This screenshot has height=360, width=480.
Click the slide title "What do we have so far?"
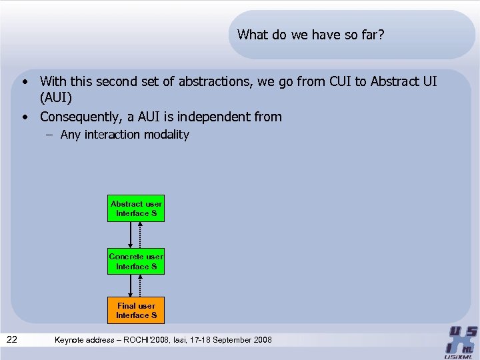pyautogui.click(x=311, y=35)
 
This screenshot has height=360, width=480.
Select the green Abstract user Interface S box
pyautogui.click(x=136, y=209)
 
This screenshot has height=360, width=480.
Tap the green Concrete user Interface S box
pyautogui.click(x=136, y=261)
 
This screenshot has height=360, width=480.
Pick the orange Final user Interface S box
pyautogui.click(x=136, y=311)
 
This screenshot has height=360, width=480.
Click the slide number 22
pyautogui.click(x=12, y=340)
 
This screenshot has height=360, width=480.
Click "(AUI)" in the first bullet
pyautogui.click(x=56, y=99)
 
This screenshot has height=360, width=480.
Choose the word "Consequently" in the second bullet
pyautogui.click(x=81, y=117)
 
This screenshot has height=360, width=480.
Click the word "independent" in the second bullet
pyautogui.click(x=213, y=117)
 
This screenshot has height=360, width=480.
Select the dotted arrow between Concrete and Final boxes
pyautogui.click(x=141, y=285)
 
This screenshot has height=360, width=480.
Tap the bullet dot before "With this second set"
pyautogui.click(x=25, y=83)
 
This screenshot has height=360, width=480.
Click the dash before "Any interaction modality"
pyautogui.click(x=51, y=135)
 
